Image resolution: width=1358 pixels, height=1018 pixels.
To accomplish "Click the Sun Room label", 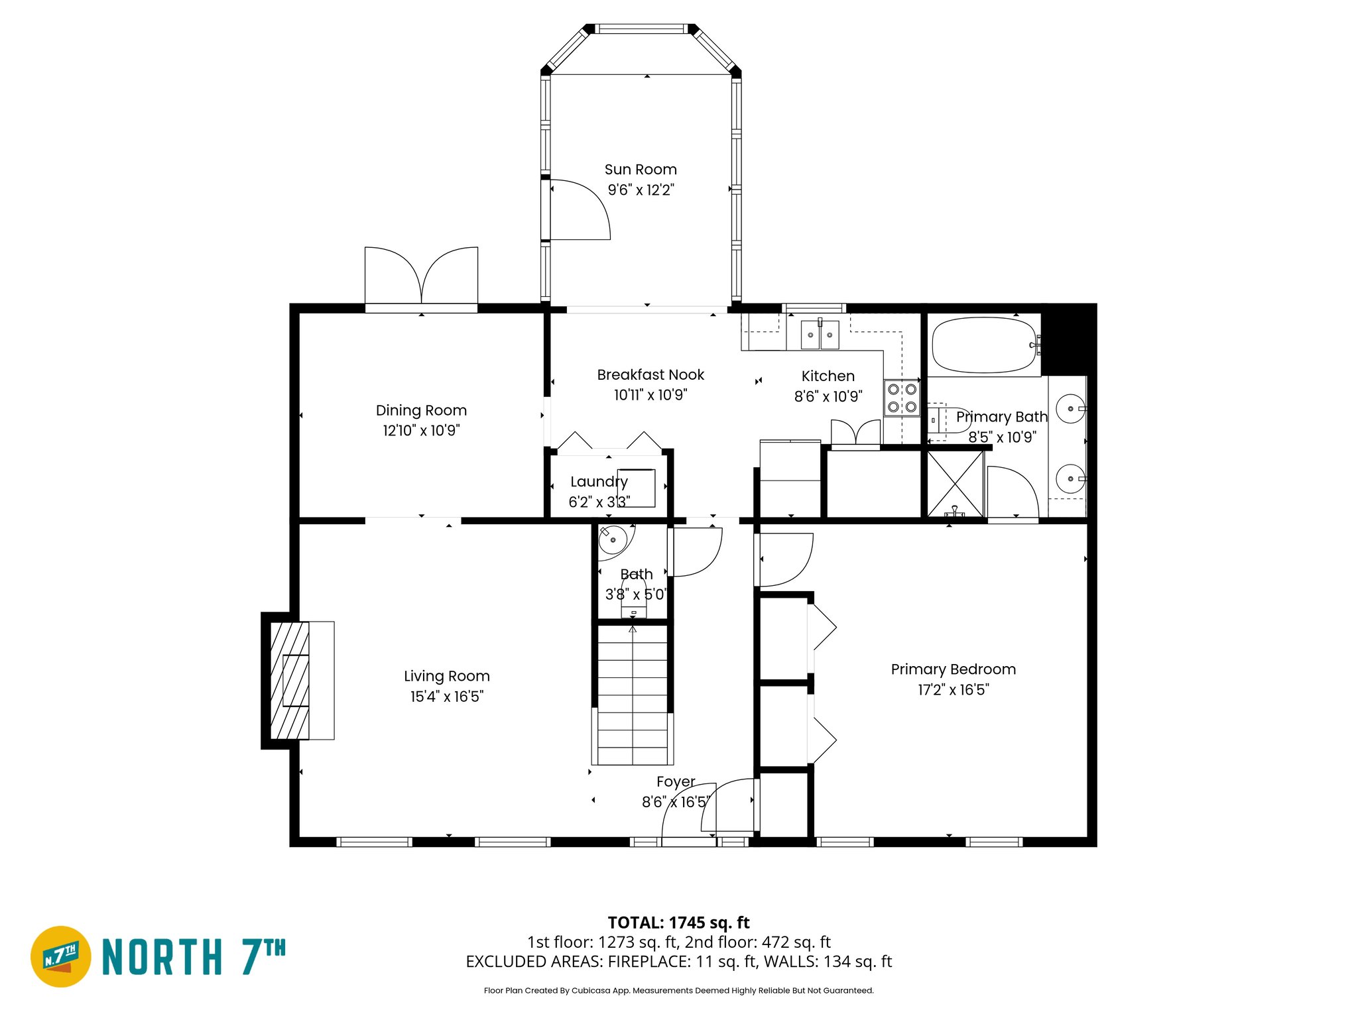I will (x=640, y=170).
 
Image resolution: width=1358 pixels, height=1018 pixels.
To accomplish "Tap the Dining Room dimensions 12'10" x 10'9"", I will (x=421, y=431).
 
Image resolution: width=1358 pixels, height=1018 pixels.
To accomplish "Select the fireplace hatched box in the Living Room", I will (x=290, y=680).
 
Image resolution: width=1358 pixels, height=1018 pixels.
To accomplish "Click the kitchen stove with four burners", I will (x=902, y=398).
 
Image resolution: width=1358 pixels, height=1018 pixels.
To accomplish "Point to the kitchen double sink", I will (x=820, y=335).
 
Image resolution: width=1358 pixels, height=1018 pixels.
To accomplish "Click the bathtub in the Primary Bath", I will (x=983, y=345).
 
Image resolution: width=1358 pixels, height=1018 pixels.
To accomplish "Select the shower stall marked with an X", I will (x=955, y=484).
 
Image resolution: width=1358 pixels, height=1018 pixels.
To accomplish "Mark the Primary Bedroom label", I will (x=953, y=669).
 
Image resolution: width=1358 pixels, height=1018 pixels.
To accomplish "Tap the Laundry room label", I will (x=599, y=482).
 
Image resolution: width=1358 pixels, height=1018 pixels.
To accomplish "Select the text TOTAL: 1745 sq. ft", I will (x=678, y=923).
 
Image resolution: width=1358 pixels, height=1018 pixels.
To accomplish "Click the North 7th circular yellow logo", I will (x=61, y=956).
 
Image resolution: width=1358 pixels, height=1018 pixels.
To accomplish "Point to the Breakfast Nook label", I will (x=650, y=375).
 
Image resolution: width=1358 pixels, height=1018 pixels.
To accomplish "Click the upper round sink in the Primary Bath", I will (x=1070, y=409).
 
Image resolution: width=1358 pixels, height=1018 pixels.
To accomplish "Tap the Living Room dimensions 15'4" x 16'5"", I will (x=446, y=697).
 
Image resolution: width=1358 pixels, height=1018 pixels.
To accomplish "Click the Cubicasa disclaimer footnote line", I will (x=678, y=990).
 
